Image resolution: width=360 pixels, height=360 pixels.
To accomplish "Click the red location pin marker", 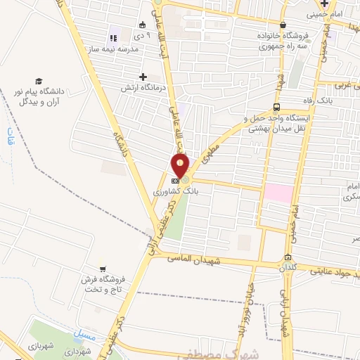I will tap(181, 165).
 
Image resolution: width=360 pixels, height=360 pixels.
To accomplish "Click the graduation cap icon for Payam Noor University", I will tap(39, 82).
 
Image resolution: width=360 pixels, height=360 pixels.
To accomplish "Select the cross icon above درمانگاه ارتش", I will tap(143, 77).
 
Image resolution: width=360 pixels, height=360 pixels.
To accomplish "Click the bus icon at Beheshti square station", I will tap(276, 107).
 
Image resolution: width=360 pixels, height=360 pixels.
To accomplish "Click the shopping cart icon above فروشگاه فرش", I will tap(103, 269).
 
